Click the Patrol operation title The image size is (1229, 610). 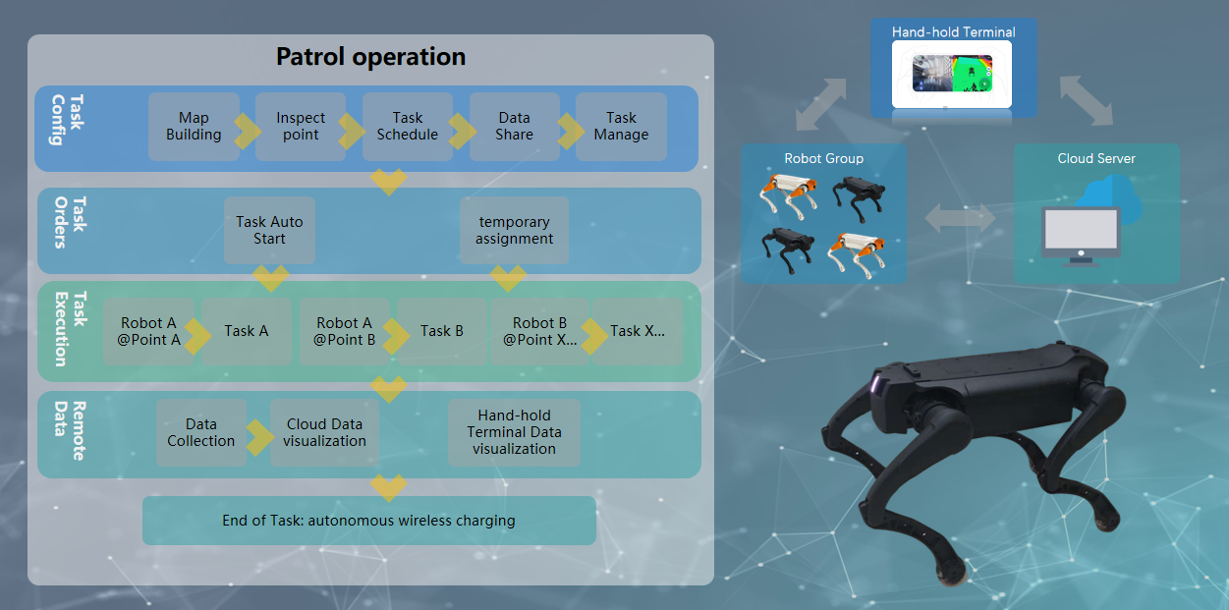370,57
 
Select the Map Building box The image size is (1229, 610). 194,127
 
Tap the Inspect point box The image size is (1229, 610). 301,127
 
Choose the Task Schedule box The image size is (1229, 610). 408,127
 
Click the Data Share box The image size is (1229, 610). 515,127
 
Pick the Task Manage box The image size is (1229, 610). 621,127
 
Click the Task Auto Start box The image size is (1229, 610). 269,230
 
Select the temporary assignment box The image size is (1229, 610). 514,230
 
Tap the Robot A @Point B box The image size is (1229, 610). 344,331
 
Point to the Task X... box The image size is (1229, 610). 638,331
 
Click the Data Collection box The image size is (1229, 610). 200,432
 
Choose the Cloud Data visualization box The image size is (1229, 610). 324,432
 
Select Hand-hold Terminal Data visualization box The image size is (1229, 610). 514,432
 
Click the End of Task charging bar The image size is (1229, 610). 368,521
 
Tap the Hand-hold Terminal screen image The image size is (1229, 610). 952,75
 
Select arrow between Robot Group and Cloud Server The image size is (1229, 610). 961,218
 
